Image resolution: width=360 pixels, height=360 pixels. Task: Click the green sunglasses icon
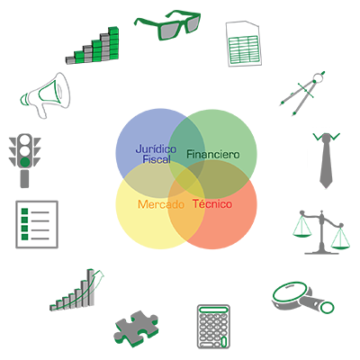(x=168, y=24)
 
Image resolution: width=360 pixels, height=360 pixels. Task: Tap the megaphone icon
(x=46, y=94)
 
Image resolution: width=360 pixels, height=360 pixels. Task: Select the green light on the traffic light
(x=25, y=162)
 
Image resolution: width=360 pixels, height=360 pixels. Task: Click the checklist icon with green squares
(x=37, y=224)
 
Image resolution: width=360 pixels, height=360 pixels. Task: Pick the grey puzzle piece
(x=136, y=328)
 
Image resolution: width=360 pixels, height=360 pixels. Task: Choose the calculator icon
(x=213, y=327)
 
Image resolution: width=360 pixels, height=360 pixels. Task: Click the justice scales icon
(x=321, y=232)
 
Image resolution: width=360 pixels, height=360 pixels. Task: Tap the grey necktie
(x=326, y=161)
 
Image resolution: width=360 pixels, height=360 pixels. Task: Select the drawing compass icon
(x=302, y=93)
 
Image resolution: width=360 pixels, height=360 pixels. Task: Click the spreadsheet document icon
(x=244, y=43)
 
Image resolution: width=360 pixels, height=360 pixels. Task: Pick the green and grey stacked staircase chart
(x=93, y=46)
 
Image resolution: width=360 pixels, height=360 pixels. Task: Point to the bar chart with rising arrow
(x=77, y=290)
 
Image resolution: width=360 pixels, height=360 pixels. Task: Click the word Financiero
(x=213, y=154)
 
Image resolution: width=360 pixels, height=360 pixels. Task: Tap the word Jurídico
(x=156, y=149)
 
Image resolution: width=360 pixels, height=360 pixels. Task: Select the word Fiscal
(x=157, y=159)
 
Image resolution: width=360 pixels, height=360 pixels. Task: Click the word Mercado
(x=161, y=204)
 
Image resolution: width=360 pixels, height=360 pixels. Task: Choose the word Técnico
(x=212, y=203)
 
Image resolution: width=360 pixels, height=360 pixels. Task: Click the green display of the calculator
(x=213, y=310)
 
